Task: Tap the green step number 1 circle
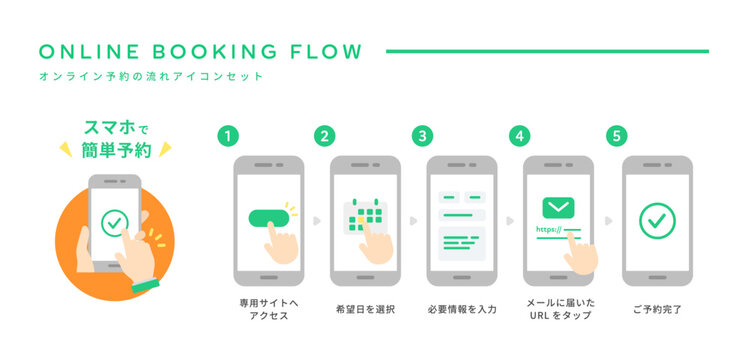tap(229, 135)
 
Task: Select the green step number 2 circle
tap(324, 135)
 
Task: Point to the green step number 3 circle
tap(423, 135)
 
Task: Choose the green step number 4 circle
tap(518, 135)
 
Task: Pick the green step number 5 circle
tap(616, 135)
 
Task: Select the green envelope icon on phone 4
tap(558, 207)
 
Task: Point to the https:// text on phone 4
tap(550, 229)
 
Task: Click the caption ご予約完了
tap(656, 309)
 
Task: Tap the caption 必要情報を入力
tap(461, 309)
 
